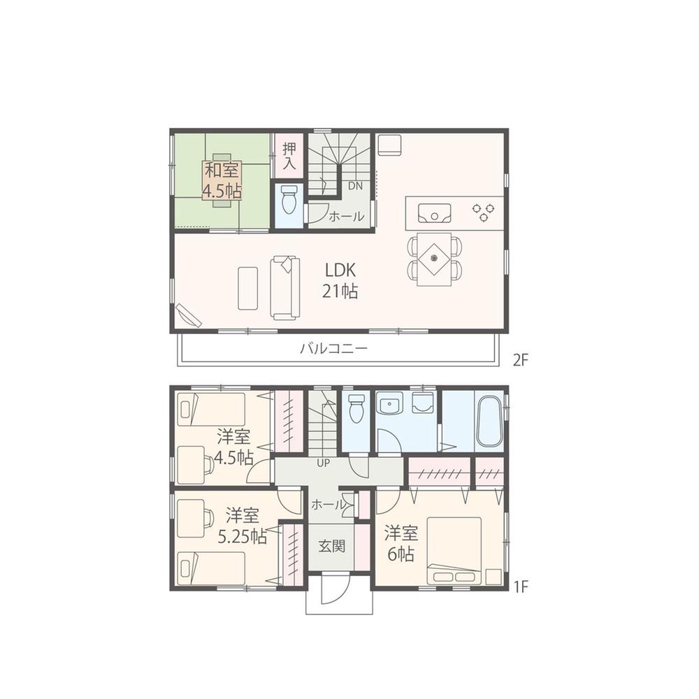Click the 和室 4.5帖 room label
click(222, 180)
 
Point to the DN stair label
click(355, 186)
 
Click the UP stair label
click(324, 463)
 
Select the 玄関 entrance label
click(331, 547)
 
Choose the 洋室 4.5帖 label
click(234, 447)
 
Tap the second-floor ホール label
click(346, 217)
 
